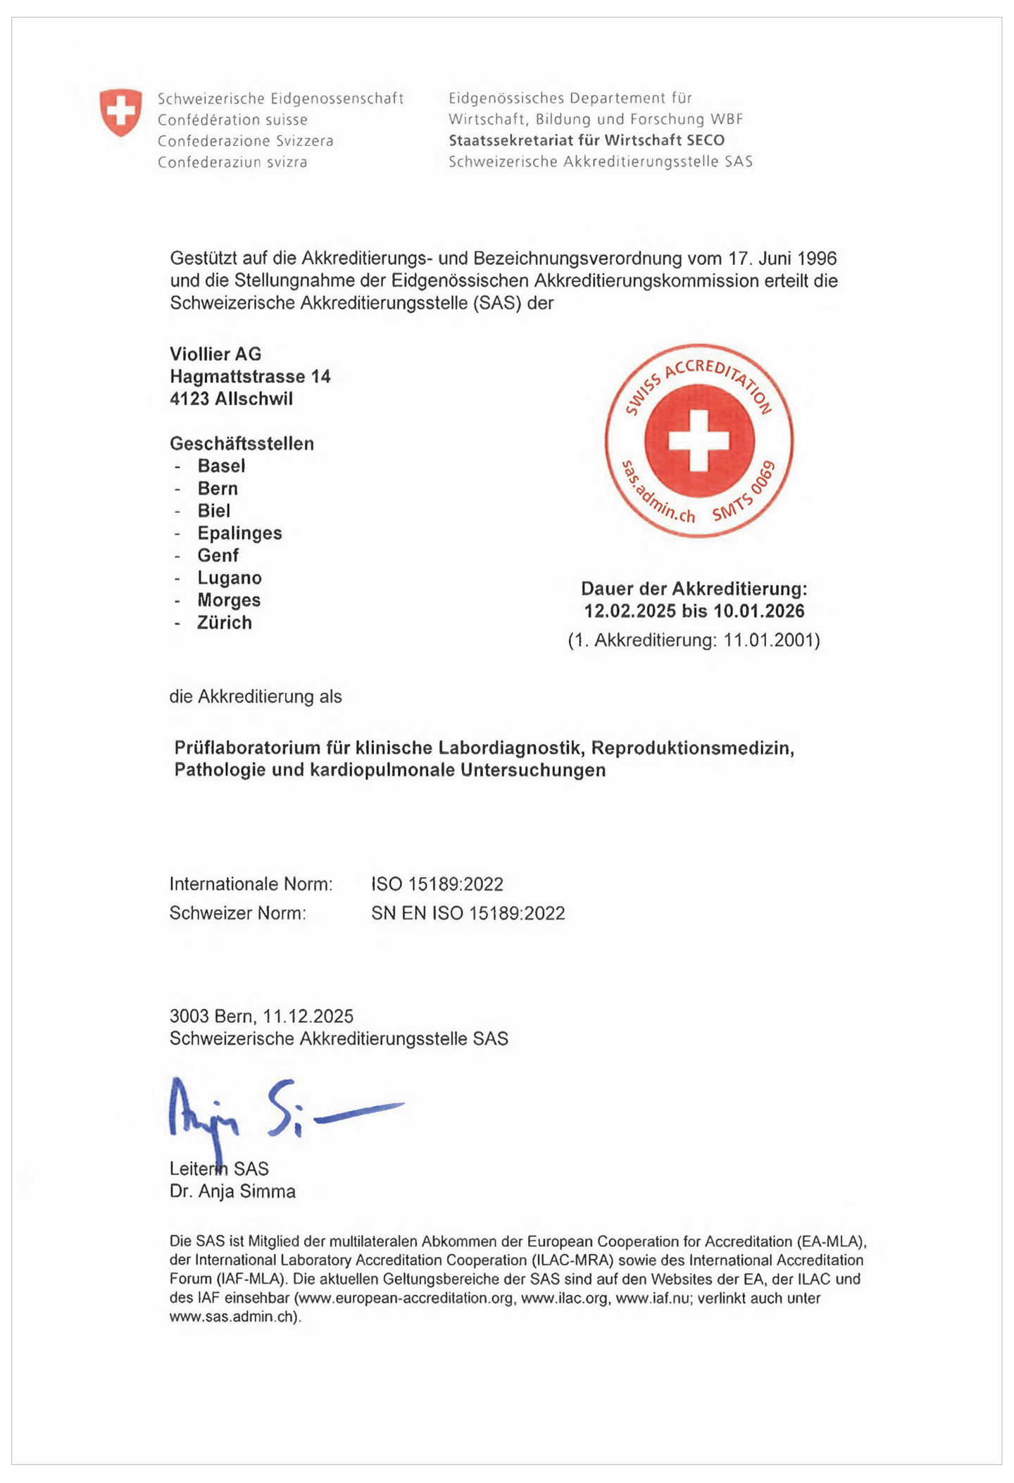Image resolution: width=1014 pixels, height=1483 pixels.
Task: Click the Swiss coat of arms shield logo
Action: (120, 112)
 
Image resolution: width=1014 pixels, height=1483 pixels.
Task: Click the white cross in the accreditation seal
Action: (699, 441)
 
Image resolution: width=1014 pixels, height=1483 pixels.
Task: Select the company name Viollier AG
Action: (215, 354)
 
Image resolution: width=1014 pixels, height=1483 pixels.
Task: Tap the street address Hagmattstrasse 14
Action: (250, 376)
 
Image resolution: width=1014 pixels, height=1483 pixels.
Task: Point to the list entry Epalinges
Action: (239, 533)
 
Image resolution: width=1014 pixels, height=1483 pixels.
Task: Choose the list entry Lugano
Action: (230, 578)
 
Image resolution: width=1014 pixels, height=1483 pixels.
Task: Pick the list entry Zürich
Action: (225, 622)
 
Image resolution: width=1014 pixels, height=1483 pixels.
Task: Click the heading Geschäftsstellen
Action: (242, 443)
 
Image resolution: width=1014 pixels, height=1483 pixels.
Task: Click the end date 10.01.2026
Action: (759, 610)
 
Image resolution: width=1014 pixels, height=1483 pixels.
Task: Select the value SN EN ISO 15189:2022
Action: (468, 913)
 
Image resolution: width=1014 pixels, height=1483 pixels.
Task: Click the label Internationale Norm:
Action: (251, 883)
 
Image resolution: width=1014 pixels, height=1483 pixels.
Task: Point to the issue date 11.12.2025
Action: (308, 1016)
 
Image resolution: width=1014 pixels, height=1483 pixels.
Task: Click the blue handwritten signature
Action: (282, 1112)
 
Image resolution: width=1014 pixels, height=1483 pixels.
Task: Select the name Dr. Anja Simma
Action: (232, 1191)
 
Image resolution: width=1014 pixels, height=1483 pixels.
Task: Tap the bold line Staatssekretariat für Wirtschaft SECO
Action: (587, 140)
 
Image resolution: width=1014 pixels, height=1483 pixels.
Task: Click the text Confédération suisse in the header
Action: (232, 120)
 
